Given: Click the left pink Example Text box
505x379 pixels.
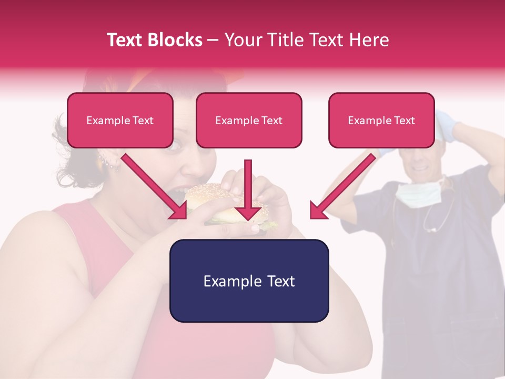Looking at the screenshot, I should (x=120, y=121).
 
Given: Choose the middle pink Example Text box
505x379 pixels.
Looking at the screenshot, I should (x=249, y=121).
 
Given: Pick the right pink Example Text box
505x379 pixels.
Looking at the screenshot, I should (x=381, y=121).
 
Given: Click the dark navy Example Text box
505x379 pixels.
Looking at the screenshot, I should (x=249, y=281).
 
